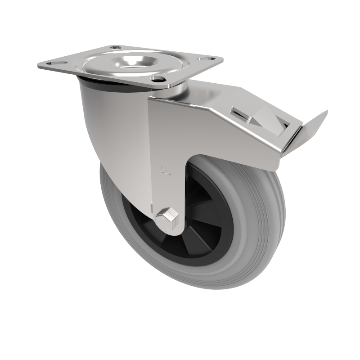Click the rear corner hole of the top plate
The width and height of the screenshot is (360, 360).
point(115,47)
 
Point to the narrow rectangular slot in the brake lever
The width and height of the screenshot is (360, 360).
point(241,115)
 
